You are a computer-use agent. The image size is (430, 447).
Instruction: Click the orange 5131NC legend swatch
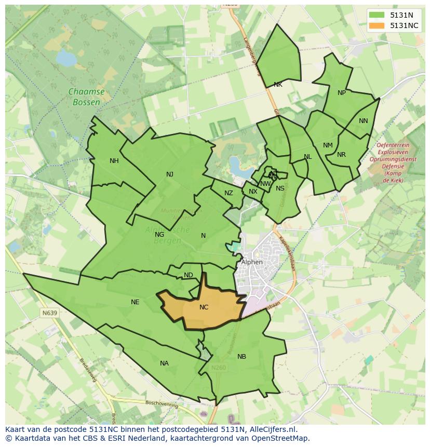(x=377, y=25)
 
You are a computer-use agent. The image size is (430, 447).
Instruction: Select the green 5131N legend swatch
(x=377, y=15)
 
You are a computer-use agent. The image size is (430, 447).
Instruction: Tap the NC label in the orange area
(x=204, y=307)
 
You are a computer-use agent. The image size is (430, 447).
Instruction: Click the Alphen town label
(x=252, y=262)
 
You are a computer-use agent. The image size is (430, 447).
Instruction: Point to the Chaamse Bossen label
(x=86, y=97)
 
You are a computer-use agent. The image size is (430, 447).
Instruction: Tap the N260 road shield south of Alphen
(x=218, y=368)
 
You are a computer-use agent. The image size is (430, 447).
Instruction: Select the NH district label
(x=114, y=161)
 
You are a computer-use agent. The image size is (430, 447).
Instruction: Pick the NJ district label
(x=170, y=174)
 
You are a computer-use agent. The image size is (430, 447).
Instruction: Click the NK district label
(x=278, y=85)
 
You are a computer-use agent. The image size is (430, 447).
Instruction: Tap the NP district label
(x=341, y=93)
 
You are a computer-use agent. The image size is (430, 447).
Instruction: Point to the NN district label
(x=363, y=121)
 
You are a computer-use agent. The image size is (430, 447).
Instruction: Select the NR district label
(x=341, y=155)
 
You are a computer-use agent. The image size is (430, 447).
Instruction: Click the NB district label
(x=241, y=357)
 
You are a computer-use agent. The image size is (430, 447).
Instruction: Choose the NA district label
(x=164, y=363)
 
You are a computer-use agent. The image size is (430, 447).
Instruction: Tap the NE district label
(x=135, y=302)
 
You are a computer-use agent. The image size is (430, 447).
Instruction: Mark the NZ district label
(x=229, y=193)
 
